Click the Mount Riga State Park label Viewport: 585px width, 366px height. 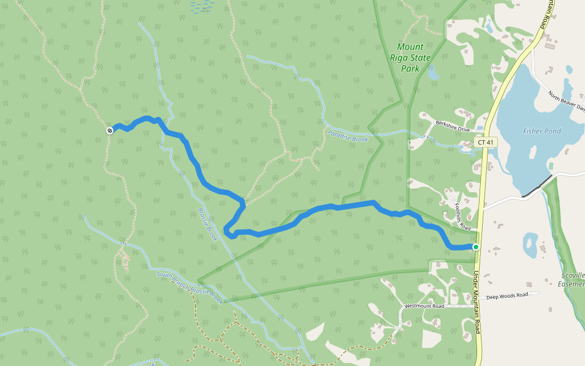[x=414, y=58]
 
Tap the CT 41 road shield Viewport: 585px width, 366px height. [x=486, y=142]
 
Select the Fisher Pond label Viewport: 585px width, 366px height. [x=542, y=131]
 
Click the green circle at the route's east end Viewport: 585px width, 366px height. [x=475, y=246]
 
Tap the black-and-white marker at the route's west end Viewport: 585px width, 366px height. [x=110, y=131]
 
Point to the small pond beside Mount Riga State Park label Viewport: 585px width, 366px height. [x=433, y=74]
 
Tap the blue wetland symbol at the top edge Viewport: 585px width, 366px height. [x=202, y=6]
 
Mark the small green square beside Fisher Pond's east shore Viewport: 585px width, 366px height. [x=551, y=166]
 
